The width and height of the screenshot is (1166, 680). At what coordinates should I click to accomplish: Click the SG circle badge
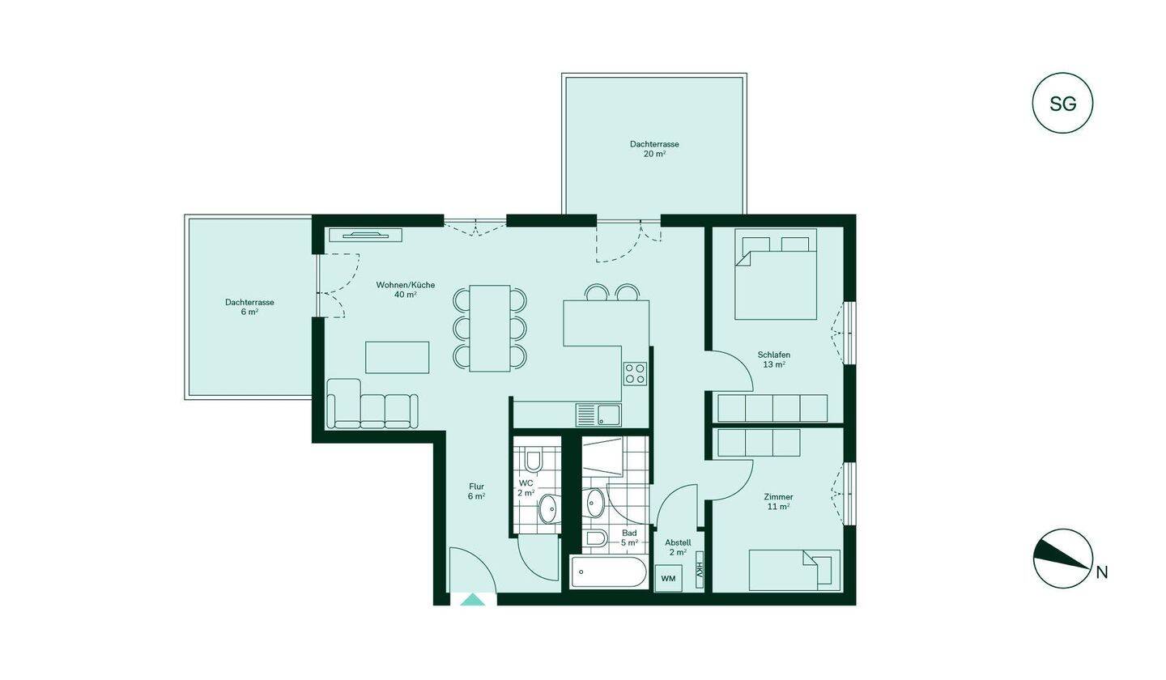point(1062,103)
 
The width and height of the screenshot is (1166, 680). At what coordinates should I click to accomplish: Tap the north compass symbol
point(1062,559)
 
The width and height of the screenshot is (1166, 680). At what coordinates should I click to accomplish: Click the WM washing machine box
point(668,578)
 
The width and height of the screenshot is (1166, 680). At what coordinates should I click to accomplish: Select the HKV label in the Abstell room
point(699,570)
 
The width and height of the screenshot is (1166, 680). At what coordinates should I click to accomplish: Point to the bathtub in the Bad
point(609,572)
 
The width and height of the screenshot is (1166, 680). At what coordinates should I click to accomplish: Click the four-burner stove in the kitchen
point(635,373)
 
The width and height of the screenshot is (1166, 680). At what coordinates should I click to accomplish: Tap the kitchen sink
point(598,414)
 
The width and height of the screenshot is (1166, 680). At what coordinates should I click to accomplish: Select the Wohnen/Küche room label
point(406,289)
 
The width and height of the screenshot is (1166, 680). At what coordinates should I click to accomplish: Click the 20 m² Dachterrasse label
point(654,149)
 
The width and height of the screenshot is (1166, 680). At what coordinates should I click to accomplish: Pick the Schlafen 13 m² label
point(774,359)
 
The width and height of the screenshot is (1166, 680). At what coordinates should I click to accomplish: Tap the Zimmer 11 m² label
point(779,502)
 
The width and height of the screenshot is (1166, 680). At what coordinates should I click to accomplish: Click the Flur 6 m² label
point(476,491)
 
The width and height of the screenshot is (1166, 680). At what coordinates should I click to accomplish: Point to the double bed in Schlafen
point(776,274)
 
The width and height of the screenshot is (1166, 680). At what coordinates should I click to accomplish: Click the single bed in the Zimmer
point(794,570)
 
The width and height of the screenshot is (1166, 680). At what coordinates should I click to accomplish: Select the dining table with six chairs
point(490,329)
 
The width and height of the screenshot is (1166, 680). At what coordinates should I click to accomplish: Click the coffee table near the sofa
point(397,358)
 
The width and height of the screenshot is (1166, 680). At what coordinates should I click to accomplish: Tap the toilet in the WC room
point(532,460)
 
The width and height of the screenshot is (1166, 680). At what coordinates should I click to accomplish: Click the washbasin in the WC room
point(547,508)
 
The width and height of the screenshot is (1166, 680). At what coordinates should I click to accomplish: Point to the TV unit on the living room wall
point(366,235)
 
